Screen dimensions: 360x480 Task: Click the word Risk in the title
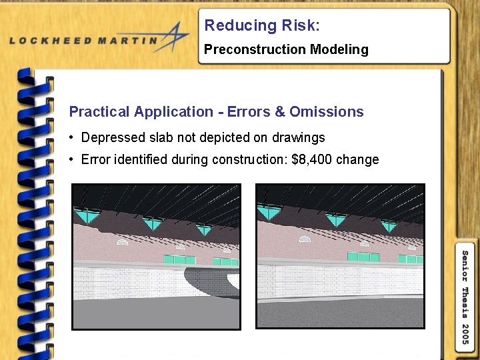298,25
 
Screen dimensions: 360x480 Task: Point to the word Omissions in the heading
327,111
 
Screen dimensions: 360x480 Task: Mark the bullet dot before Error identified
71,159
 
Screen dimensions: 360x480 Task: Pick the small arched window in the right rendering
306,238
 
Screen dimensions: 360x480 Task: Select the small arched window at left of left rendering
122,242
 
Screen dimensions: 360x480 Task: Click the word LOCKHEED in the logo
51,40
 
